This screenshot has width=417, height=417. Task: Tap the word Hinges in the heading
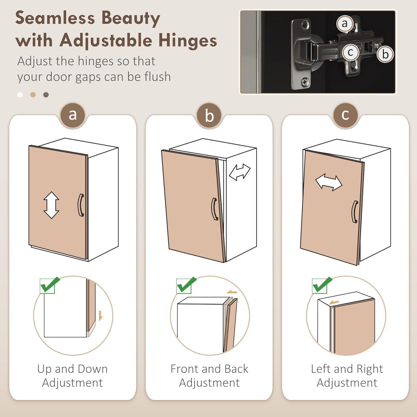(188, 40)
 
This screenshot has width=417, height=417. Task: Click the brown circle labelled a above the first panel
(73, 115)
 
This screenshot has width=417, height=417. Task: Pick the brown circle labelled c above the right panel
(345, 115)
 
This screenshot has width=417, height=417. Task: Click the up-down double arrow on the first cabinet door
(51, 205)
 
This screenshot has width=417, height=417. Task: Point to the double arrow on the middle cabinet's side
(240, 172)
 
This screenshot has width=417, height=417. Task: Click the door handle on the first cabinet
(80, 205)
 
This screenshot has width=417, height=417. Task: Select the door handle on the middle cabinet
(215, 209)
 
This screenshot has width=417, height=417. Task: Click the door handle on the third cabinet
(355, 212)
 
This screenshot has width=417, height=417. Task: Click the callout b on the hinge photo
(385, 54)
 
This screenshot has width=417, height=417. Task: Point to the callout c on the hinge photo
(350, 52)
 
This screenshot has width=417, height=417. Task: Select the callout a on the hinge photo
(345, 24)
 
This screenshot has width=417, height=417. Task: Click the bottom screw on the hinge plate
(305, 82)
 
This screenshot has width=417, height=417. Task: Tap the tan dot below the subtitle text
(33, 95)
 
